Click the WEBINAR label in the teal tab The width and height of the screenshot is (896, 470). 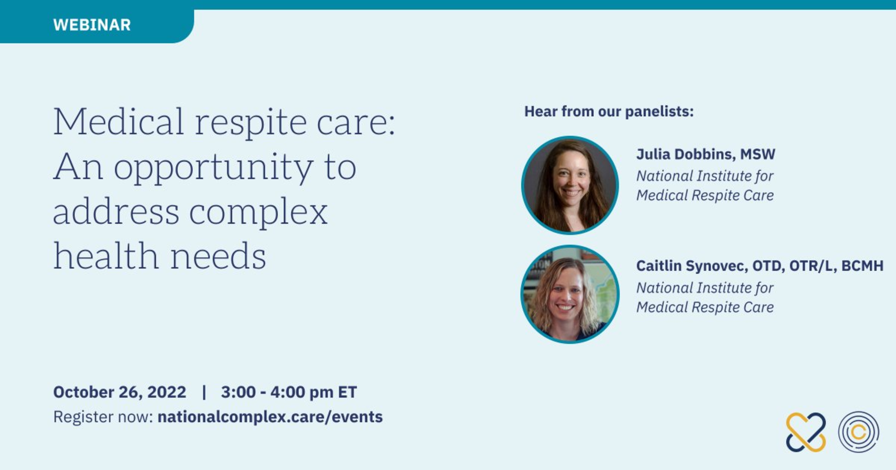(92, 25)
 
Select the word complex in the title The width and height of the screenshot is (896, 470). (258, 212)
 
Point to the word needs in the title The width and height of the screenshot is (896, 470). (218, 257)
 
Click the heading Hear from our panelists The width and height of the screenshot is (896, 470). (609, 112)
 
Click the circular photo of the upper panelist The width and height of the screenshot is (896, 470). (570, 185)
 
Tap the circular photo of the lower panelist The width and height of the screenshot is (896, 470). (570, 294)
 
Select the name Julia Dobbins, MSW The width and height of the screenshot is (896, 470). (706, 154)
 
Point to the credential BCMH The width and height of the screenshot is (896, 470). (862, 266)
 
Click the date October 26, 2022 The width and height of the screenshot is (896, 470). (120, 392)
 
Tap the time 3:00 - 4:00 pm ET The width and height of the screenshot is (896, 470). (289, 392)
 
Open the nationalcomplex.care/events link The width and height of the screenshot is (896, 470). (270, 417)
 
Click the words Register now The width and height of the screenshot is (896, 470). (103, 417)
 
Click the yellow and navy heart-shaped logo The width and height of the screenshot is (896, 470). (806, 432)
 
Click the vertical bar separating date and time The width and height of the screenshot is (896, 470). (204, 392)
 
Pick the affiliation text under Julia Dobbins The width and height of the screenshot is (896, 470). (705, 186)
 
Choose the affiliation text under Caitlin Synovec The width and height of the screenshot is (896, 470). (705, 298)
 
